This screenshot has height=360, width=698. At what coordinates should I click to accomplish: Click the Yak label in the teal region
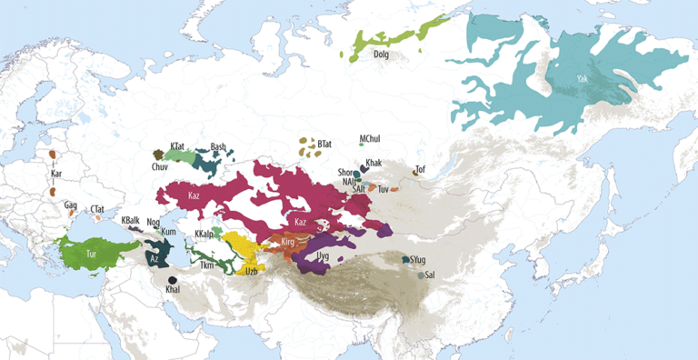click(x=582, y=80)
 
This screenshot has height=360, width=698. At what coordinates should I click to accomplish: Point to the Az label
click(x=154, y=258)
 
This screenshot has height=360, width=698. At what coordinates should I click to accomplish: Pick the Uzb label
click(x=252, y=271)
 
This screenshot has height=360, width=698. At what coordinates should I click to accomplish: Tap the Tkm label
click(x=206, y=265)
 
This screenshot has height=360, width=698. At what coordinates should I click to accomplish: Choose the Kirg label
click(x=288, y=242)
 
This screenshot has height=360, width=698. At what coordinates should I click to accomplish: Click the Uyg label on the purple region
click(x=322, y=257)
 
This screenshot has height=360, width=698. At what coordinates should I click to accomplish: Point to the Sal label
click(x=430, y=275)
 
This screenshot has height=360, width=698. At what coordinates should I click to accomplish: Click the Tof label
click(x=420, y=169)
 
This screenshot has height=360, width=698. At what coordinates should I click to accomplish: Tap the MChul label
click(x=370, y=138)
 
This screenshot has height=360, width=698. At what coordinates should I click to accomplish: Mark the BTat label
click(x=324, y=144)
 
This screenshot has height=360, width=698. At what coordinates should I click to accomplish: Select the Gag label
click(x=70, y=205)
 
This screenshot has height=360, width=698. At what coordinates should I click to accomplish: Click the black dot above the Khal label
click(x=172, y=279)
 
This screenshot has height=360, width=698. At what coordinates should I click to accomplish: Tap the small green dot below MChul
click(x=361, y=145)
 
